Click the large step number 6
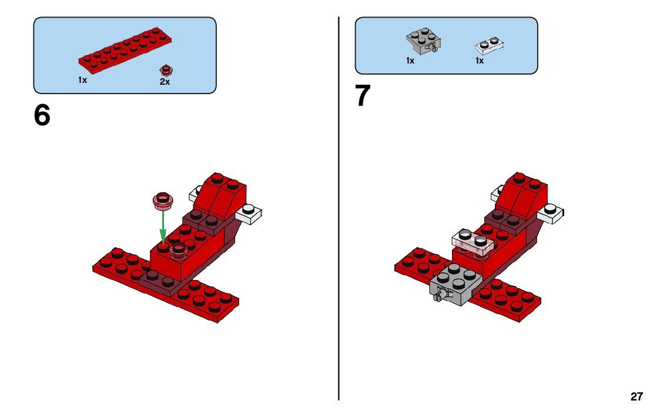(x=42, y=115)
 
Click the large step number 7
(x=363, y=96)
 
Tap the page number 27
(x=637, y=396)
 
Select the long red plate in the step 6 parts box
(x=125, y=51)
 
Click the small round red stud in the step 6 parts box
(x=166, y=71)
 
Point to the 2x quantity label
(x=165, y=82)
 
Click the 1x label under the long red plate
(x=82, y=79)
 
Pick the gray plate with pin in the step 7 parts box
(x=423, y=41)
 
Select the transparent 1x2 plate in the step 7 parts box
(x=490, y=46)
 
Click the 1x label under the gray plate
(x=410, y=61)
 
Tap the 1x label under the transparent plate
(x=480, y=61)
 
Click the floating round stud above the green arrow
(x=163, y=201)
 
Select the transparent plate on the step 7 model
(x=473, y=243)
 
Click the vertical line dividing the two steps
(x=339, y=208)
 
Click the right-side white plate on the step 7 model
(x=551, y=213)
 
